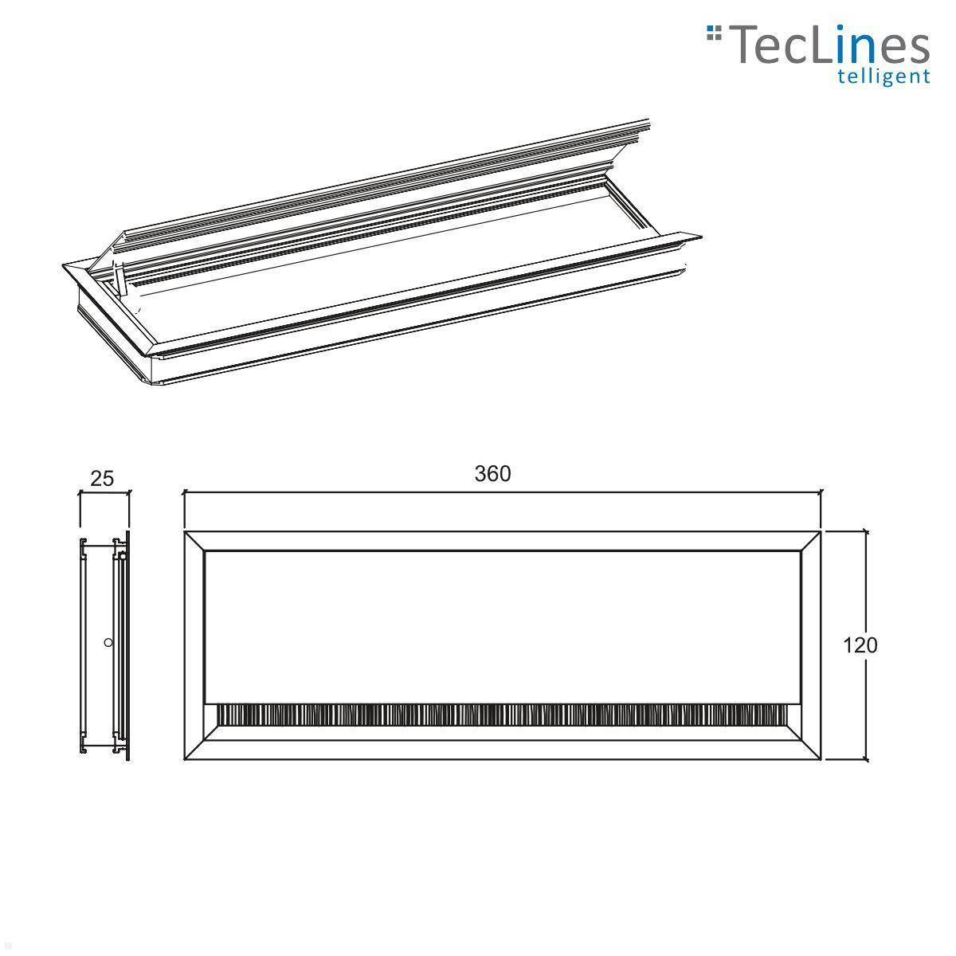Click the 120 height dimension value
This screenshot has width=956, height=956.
tap(860, 645)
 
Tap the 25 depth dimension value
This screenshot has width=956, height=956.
tap(102, 478)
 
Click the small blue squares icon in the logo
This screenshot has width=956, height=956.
tap(714, 33)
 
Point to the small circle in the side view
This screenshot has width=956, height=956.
tap(108, 642)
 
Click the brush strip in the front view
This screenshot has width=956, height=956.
tap(502, 715)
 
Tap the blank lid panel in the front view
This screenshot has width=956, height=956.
tap(502, 625)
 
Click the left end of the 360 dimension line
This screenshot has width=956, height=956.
tap(185, 493)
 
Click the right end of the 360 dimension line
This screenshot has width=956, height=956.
tap(821, 493)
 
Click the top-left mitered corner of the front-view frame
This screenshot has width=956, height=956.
tap(195, 541)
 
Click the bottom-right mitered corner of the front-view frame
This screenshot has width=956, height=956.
tap(811, 750)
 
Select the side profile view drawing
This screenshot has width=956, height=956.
tap(104, 645)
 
